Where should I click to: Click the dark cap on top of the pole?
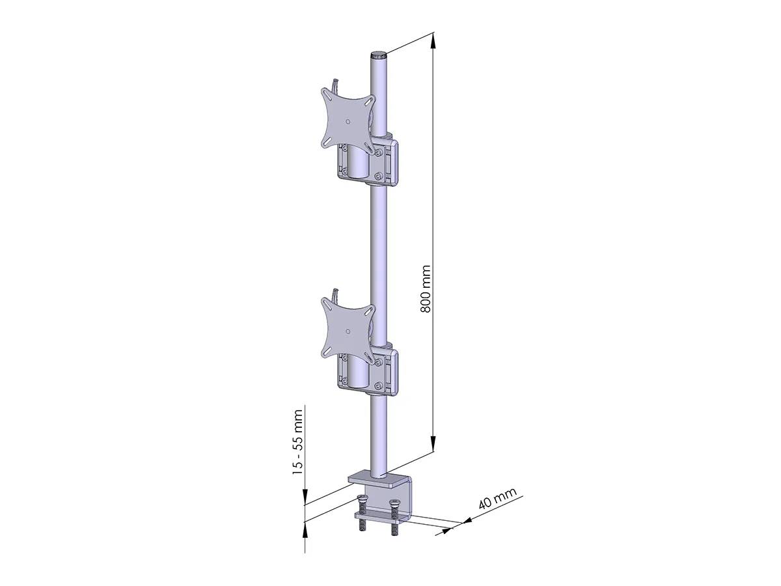pyautogui.click(x=379, y=56)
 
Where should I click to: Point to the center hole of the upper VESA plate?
pyautogui.click(x=348, y=121)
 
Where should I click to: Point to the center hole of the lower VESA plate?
pyautogui.click(x=348, y=331)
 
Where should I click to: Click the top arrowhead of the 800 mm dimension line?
pyautogui.click(x=433, y=40)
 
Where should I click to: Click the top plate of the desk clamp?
pyautogui.click(x=377, y=481)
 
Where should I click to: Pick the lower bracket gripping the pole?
pyautogui.click(x=388, y=370)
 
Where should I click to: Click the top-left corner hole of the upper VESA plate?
pyautogui.click(x=327, y=96)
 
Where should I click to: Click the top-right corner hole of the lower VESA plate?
pyautogui.click(x=371, y=310)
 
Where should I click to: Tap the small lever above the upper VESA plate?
pyautogui.click(x=335, y=85)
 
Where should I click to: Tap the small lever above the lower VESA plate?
pyautogui.click(x=335, y=294)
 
